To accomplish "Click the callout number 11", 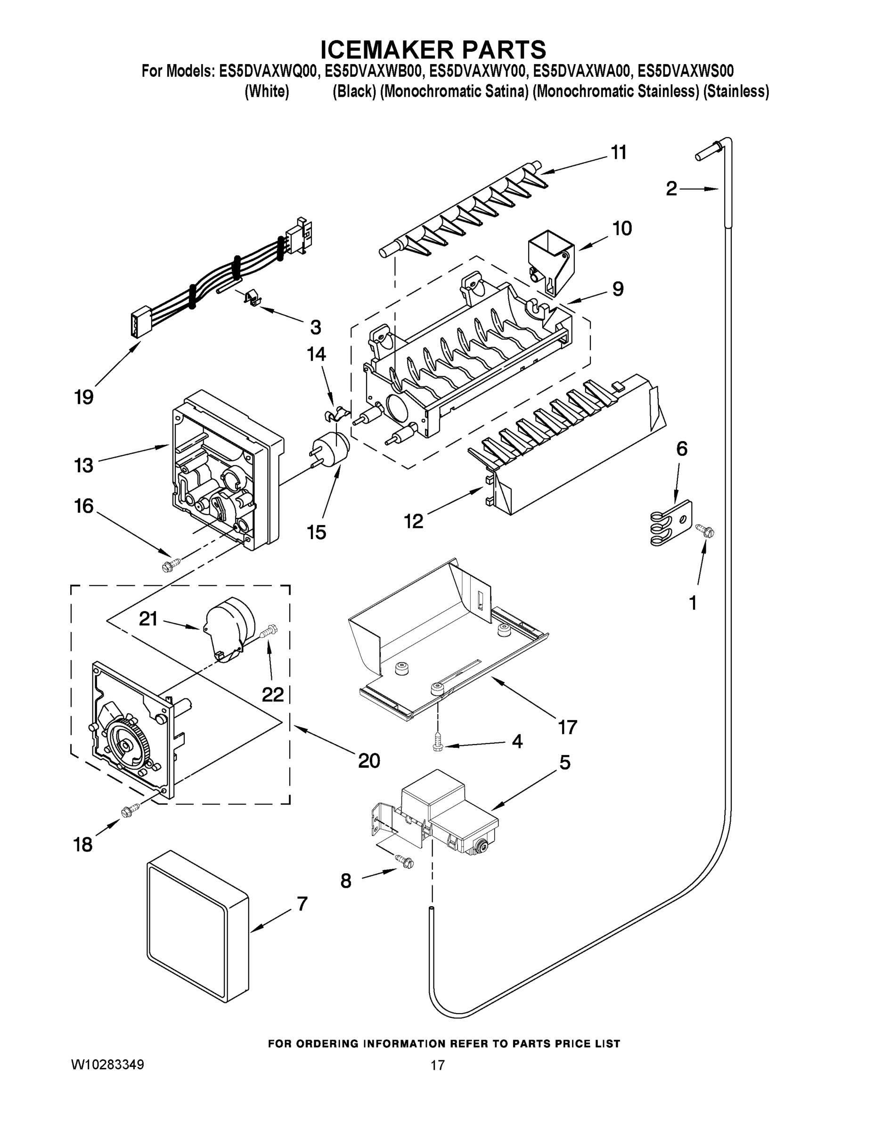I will coord(619,152).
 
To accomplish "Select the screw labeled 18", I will coord(130,811).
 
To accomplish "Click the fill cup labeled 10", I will coord(550,259).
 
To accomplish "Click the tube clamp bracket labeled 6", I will coord(670,524).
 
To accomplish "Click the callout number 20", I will coord(369,760).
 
